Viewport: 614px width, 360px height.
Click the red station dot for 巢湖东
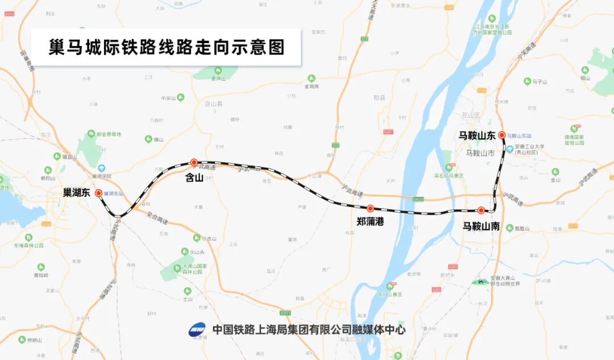[x=99, y=193]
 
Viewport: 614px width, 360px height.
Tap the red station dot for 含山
[x=194, y=162]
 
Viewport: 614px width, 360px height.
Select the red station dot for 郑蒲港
[x=370, y=209]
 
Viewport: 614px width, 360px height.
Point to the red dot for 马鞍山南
[x=481, y=210]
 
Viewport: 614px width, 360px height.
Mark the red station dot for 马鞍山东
[x=502, y=135]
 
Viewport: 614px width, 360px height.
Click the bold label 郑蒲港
[x=370, y=222]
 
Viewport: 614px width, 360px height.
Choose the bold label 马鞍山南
[x=481, y=226]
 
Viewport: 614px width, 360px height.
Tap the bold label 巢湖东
[x=77, y=193]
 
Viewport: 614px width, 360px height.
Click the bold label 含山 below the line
[x=194, y=177]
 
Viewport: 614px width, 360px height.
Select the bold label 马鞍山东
[x=477, y=135]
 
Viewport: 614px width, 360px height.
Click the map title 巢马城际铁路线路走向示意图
[x=166, y=47]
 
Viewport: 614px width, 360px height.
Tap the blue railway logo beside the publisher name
[x=197, y=329]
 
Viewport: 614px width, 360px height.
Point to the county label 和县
[x=379, y=98]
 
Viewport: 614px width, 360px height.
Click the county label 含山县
[x=213, y=104]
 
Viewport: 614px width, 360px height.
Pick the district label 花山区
[x=471, y=115]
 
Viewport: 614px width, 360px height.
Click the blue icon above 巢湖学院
[x=101, y=168]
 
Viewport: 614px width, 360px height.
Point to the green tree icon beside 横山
[x=148, y=139]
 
